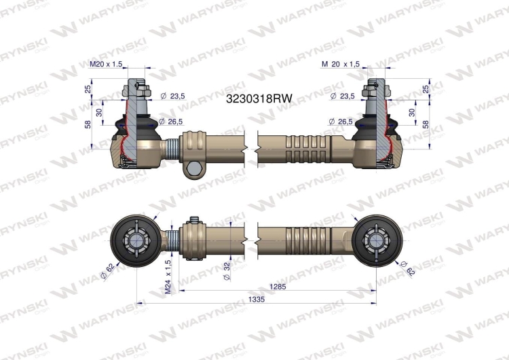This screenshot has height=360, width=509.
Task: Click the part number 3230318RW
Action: (259, 98)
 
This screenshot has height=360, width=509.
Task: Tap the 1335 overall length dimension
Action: (256, 300)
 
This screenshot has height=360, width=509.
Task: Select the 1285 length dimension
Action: (278, 286)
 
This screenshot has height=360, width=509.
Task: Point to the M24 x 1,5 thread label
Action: (168, 276)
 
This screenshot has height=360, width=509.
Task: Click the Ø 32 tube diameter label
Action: (227, 270)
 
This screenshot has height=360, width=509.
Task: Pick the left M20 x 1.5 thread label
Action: (106, 64)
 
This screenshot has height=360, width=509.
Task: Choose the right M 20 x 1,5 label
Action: (341, 64)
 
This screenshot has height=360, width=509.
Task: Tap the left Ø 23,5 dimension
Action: (172, 96)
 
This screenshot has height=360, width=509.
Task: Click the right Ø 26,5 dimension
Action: (341, 122)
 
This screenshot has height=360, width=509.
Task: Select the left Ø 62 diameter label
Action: (108, 271)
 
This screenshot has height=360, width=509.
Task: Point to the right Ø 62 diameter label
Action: (407, 268)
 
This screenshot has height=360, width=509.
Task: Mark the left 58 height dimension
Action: (88, 124)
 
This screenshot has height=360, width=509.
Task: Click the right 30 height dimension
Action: (412, 113)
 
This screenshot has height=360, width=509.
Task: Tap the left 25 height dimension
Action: (88, 89)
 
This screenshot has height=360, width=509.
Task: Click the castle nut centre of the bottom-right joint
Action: (376, 240)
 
